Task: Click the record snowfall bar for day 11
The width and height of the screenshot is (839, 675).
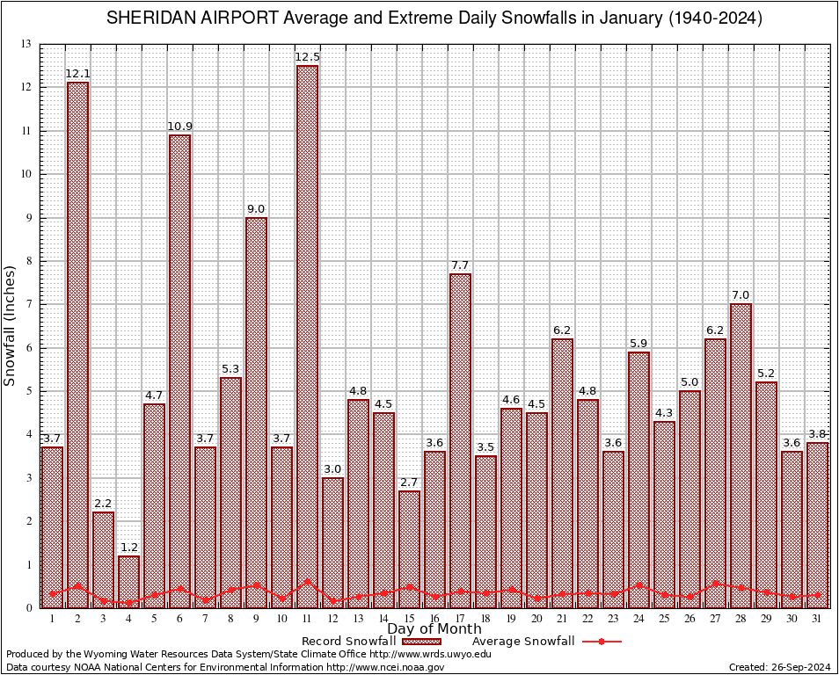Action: [x=307, y=334]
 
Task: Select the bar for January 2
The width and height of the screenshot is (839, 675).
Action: [x=77, y=343]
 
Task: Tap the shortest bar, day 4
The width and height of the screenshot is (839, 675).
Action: [x=128, y=581]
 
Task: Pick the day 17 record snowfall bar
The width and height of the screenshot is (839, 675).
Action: [x=460, y=439]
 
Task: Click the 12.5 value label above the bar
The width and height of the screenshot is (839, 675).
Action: [x=307, y=57]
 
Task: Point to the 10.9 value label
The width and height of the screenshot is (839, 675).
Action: [x=179, y=127]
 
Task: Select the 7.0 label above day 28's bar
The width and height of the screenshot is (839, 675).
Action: [x=741, y=295]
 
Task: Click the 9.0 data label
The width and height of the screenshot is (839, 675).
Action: [x=256, y=209]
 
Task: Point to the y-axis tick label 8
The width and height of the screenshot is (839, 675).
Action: [x=28, y=261]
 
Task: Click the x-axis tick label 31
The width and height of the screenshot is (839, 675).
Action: [x=817, y=619]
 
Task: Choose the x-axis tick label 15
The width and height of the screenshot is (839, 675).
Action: [x=409, y=619]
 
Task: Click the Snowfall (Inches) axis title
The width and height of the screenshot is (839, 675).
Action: [x=11, y=325]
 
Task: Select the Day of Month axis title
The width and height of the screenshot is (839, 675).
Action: [x=434, y=629]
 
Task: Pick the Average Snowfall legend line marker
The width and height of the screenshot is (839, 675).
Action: [x=601, y=642]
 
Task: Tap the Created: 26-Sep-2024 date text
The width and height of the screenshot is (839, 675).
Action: [x=780, y=667]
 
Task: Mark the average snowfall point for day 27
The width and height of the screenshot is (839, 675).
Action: [x=715, y=583]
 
